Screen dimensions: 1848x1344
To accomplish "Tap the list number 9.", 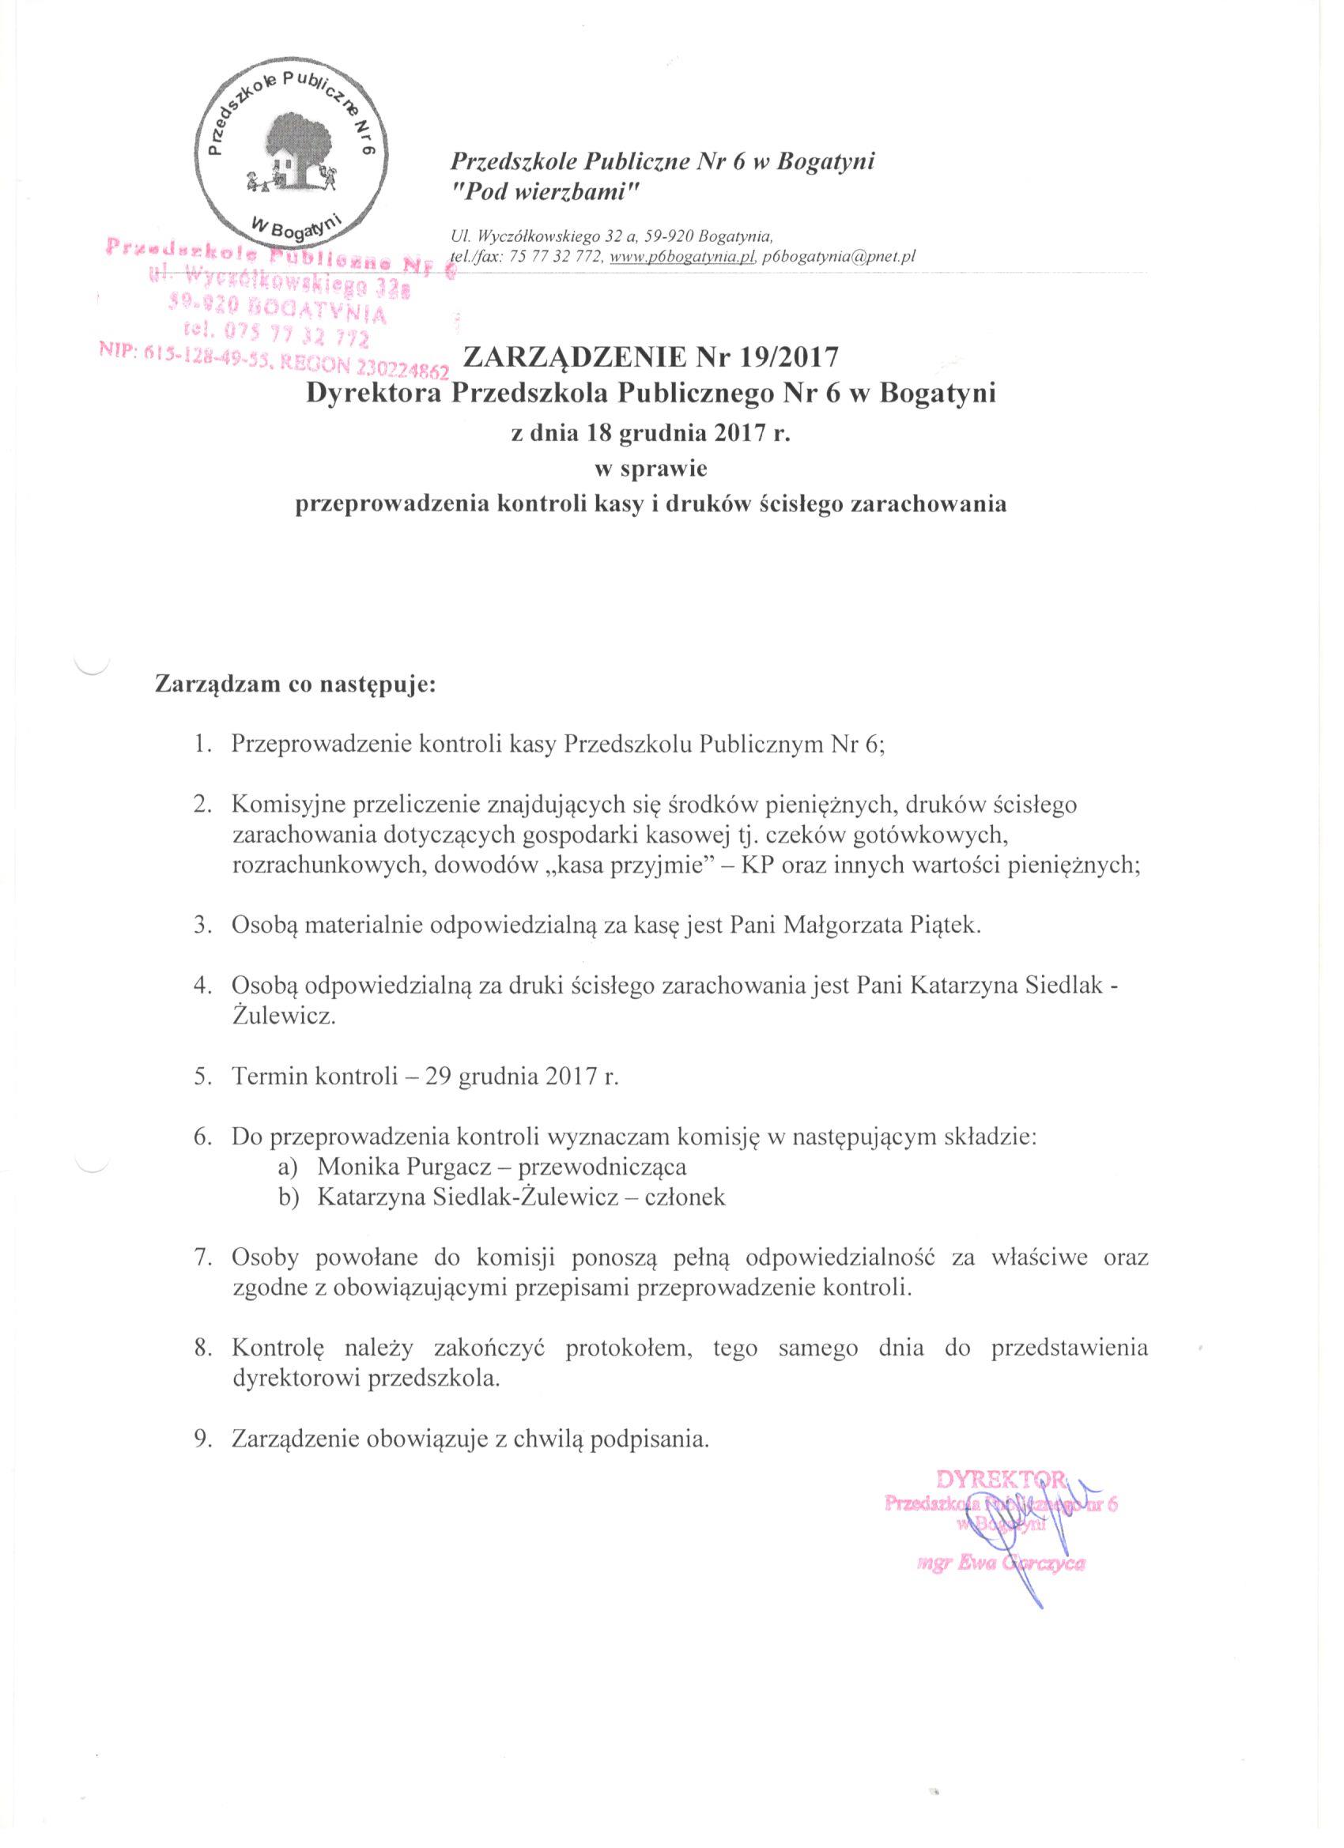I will [203, 1438].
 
